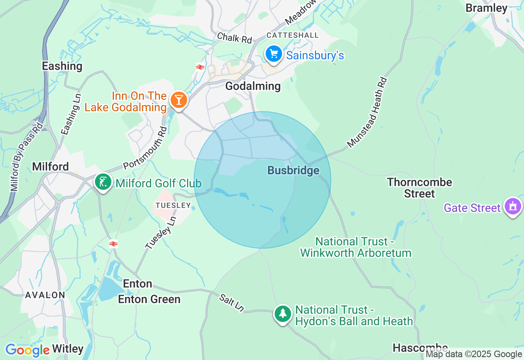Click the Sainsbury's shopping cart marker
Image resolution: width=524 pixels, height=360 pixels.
274,54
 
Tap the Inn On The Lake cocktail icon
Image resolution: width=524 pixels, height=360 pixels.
178,100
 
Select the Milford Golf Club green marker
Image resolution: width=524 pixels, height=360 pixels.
103,182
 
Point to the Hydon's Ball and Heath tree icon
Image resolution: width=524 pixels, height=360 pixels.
282,314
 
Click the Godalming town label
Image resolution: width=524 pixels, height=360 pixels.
253,86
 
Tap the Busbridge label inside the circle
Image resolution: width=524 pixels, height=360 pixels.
293,171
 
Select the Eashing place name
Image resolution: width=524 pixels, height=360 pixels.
62,66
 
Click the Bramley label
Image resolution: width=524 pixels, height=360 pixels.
486,8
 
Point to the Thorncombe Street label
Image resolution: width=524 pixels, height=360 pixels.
420,188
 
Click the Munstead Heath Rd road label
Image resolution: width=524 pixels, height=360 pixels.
367,112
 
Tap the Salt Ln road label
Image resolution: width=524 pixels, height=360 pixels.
231,303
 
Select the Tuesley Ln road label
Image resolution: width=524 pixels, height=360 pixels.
160,232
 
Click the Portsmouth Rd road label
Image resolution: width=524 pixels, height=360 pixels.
146,148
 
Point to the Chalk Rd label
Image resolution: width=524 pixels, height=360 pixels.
234,38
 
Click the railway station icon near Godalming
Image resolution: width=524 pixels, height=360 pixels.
200,67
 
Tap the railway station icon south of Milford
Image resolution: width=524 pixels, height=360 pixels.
113,244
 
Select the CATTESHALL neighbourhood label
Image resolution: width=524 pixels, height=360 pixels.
292,35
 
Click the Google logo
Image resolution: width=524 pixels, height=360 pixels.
27,350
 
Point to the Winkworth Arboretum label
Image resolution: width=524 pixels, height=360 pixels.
355,247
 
